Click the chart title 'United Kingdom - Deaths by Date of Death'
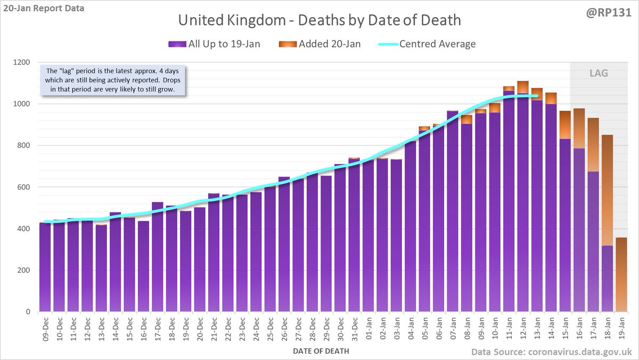tap(319, 21)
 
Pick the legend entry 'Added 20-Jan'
tap(319, 44)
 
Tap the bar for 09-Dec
tap(45, 267)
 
